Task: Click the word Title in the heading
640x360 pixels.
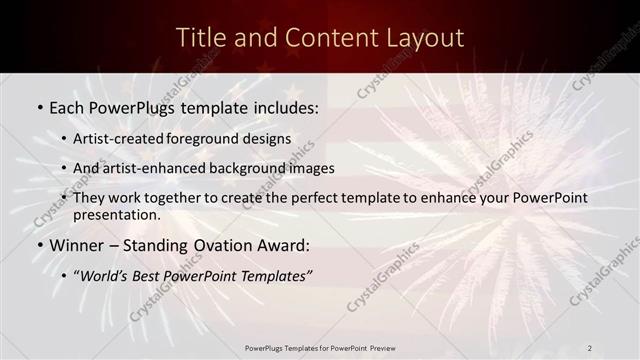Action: pos(198,38)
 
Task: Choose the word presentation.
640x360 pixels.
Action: pos(116,214)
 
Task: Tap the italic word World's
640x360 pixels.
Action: pos(106,275)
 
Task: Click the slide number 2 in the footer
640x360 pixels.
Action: pos(589,348)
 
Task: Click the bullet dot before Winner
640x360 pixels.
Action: pos(40,245)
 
